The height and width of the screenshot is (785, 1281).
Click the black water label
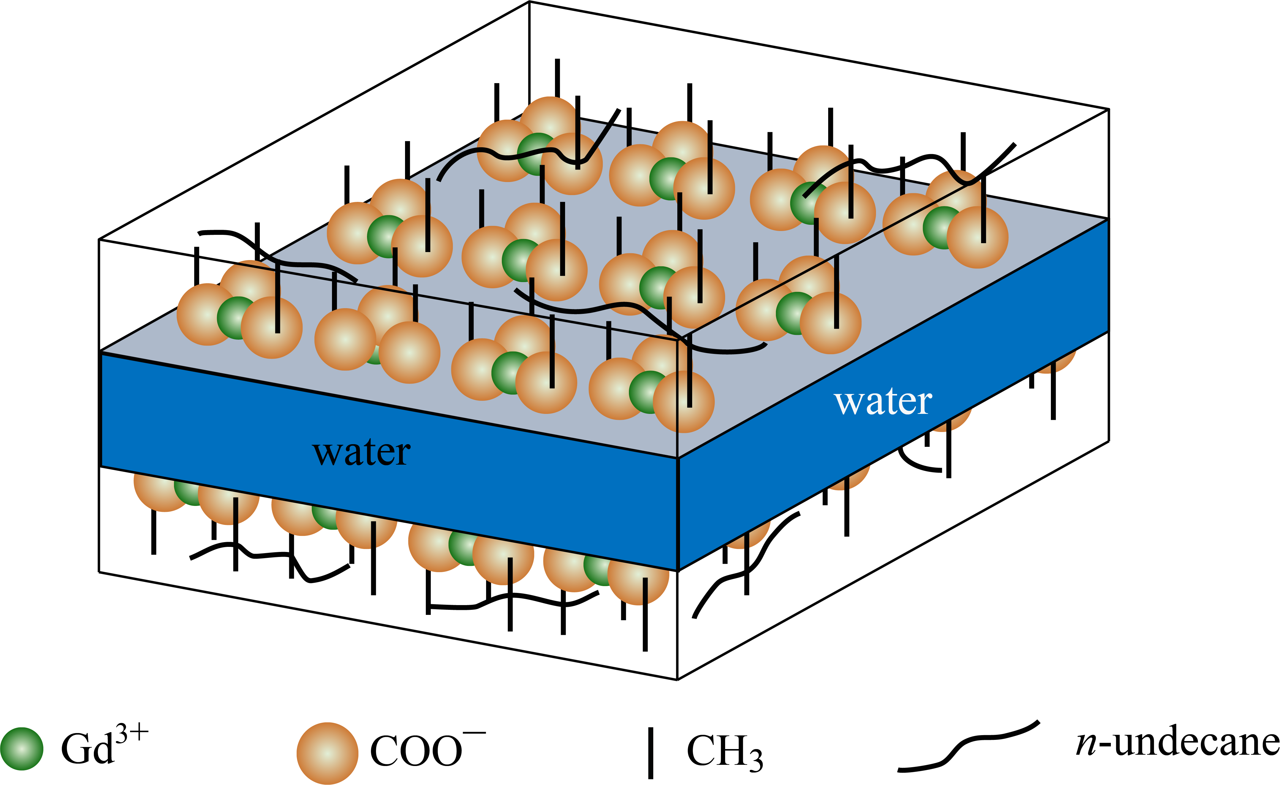pyautogui.click(x=361, y=452)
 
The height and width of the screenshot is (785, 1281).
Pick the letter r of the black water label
pyautogui.click(x=402, y=453)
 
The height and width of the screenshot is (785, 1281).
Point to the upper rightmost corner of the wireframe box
pyautogui.click(x=1109, y=109)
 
